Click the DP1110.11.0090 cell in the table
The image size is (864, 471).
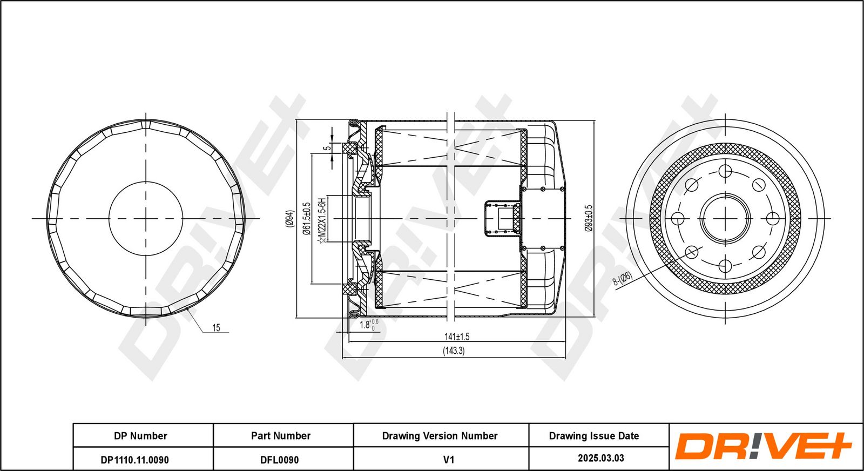[134, 460]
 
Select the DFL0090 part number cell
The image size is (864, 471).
[279, 460]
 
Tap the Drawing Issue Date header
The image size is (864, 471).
[593, 436]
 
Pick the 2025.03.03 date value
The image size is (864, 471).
[600, 458]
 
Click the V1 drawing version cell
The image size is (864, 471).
[449, 460]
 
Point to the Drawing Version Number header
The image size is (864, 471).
[440, 436]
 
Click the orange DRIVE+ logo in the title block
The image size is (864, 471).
[764, 446]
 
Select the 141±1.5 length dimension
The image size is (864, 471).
[457, 337]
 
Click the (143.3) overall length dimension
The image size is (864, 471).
[454, 351]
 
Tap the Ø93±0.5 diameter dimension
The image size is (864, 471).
[589, 218]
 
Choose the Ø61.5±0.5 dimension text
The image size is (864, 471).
[307, 219]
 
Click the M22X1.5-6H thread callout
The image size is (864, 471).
[322, 220]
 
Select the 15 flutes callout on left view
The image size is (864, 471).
[216, 328]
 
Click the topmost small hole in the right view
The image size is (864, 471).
[725, 171]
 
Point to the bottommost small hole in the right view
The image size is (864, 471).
[725, 265]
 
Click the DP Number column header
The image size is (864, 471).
[140, 436]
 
